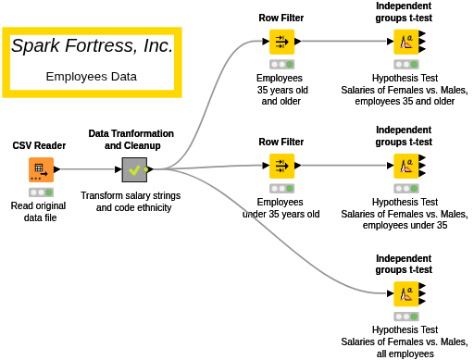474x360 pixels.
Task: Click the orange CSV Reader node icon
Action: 41,169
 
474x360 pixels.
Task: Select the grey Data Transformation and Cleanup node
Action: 134,169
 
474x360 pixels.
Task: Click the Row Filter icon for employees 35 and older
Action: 281,42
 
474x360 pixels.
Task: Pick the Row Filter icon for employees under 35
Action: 281,166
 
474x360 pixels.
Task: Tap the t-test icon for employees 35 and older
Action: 406,42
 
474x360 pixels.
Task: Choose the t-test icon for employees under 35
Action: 406,166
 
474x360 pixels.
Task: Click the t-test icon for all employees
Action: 406,293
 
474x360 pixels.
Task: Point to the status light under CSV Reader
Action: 41,192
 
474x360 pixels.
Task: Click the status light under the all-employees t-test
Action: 406,317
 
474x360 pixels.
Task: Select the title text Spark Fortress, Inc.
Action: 92,45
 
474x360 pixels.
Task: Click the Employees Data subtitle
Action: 92,77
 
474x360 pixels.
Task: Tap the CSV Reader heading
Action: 39,145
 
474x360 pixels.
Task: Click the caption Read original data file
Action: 39,212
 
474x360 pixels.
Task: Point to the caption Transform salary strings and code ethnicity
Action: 131,202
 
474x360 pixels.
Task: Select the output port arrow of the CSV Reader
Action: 57,169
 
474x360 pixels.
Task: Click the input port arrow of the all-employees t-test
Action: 391,293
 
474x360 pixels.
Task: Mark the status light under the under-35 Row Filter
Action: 281,189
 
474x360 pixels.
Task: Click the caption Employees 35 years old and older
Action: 281,90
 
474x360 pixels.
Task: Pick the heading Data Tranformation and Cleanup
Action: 131,140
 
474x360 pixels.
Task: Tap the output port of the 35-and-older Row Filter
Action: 298,42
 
